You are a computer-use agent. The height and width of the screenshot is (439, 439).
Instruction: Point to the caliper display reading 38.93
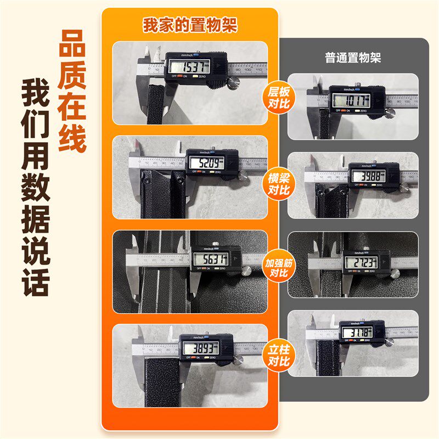click(201, 348)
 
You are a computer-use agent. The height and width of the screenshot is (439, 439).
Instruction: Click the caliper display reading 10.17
click(351, 100)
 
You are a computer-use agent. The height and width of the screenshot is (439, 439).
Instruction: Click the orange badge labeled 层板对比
click(279, 97)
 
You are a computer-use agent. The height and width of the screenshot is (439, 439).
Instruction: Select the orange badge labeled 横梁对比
click(279, 184)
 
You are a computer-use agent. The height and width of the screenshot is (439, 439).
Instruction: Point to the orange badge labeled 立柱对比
click(279, 354)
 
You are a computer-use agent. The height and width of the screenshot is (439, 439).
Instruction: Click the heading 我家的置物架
click(190, 26)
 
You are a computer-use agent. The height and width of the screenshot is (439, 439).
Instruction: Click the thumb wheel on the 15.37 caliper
click(234, 82)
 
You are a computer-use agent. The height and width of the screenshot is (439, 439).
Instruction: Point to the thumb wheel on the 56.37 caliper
click(247, 271)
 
